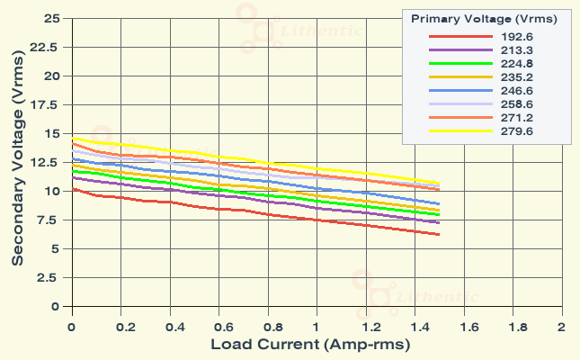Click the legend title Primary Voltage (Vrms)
coord(484,18)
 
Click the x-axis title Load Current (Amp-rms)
coord(310,345)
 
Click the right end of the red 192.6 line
coord(439,234)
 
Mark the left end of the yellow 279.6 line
coord(72,137)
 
